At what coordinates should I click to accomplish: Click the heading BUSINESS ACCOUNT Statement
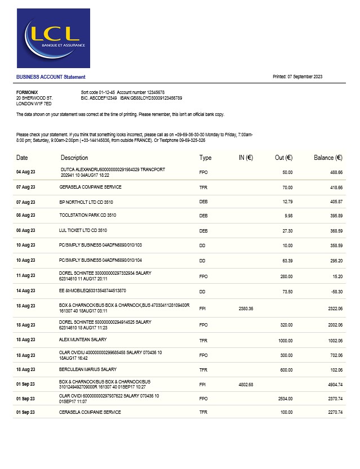coord(51,77)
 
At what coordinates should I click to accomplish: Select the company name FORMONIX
coord(27,92)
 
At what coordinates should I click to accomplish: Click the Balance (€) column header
coord(328,158)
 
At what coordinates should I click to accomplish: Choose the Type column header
coord(205,158)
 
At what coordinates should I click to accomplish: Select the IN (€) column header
coord(245,158)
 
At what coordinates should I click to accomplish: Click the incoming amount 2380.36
coord(246,309)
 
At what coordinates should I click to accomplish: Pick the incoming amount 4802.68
coord(246,385)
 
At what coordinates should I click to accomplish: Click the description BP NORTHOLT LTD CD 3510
coord(86,201)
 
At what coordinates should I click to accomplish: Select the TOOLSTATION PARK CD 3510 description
coord(88,215)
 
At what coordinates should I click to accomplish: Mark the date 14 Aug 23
coord(25,291)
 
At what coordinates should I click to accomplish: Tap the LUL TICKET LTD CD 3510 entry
coord(83,230)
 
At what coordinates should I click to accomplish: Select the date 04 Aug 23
coord(25,171)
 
